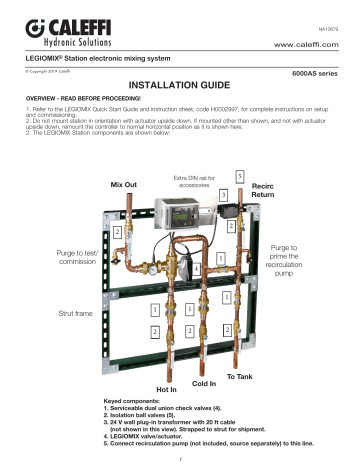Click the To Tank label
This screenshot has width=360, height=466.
tap(241, 375)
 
